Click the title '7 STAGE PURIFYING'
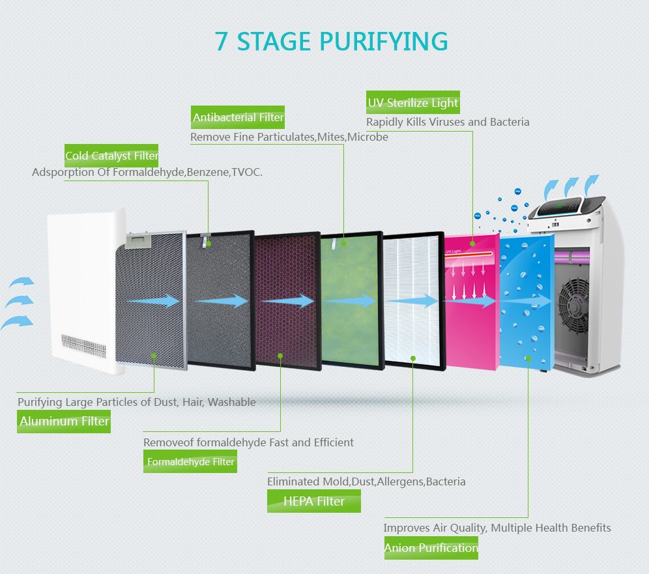[x=332, y=41]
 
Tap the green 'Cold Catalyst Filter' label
[x=111, y=156]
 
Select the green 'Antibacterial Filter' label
[x=238, y=117]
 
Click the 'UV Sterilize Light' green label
[x=413, y=103]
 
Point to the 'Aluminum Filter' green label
[x=64, y=421]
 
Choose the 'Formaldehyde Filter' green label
[x=190, y=462]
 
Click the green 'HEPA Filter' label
[x=313, y=501]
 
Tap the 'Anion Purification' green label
[x=431, y=548]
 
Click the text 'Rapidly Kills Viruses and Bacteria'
[x=448, y=122]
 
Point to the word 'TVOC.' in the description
[x=247, y=173]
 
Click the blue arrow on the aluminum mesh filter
[x=154, y=300]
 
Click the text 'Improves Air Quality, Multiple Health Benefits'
[x=497, y=527]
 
